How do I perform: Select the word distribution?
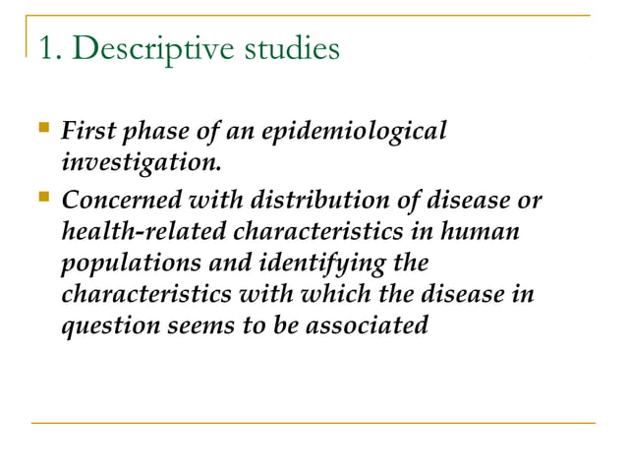(x=301, y=201)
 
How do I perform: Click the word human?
(x=483, y=232)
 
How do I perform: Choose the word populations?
(x=122, y=264)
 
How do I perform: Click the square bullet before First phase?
(x=40, y=128)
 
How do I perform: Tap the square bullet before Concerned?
(x=40, y=198)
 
